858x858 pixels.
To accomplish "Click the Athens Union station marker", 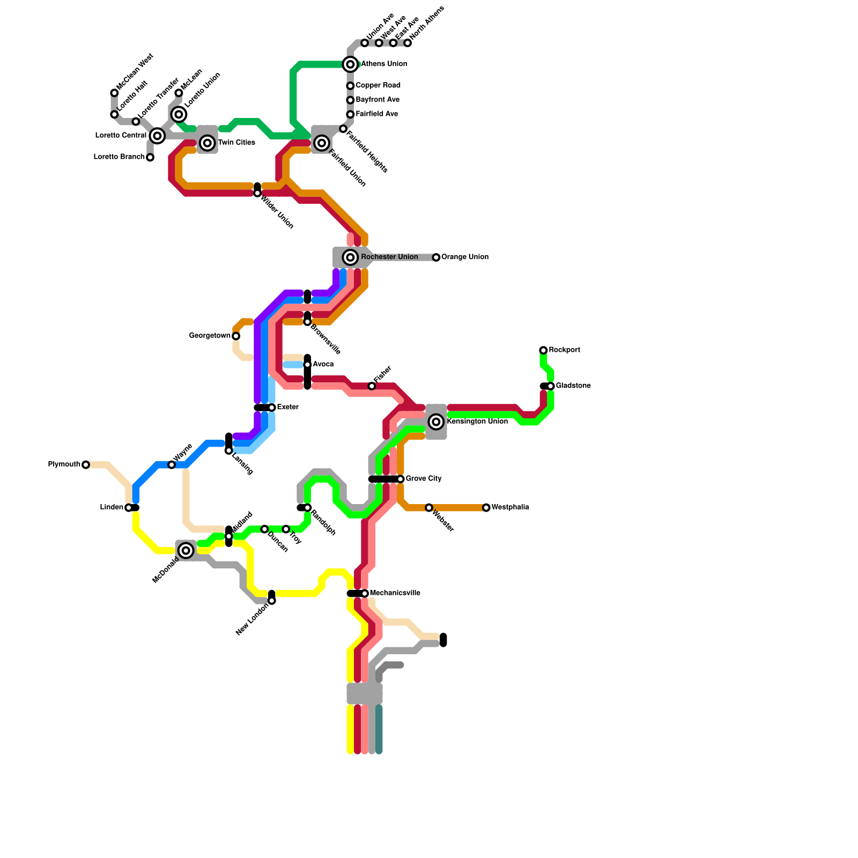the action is [350, 64].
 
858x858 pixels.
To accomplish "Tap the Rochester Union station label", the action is [389, 257].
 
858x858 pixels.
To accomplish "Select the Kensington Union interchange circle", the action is [437, 422].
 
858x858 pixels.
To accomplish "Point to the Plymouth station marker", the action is [86, 465].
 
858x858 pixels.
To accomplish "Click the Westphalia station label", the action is [510, 507].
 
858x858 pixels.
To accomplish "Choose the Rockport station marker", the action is [543, 351].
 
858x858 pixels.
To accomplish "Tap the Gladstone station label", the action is [573, 386].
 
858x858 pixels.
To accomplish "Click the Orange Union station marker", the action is [437, 257].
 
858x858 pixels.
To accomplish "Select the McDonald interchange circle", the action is [186, 551].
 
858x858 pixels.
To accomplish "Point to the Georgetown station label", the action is [210, 336].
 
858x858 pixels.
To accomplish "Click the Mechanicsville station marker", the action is [365, 594].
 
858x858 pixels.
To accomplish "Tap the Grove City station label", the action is [424, 479].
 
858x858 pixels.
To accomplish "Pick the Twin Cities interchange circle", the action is [208, 143].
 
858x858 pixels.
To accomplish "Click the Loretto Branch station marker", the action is [150, 158].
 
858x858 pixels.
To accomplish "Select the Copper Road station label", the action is [378, 85].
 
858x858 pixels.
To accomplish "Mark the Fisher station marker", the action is [372, 386].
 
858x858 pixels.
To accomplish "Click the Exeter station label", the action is [288, 408].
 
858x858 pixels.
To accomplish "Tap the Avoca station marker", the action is [307, 365].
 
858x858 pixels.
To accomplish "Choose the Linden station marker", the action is [129, 508].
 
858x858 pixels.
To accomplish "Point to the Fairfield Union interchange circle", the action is [322, 143].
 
